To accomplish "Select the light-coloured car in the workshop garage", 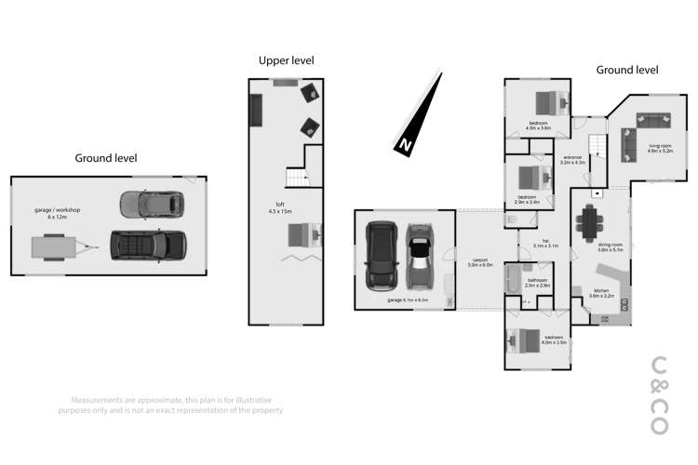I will (150, 202).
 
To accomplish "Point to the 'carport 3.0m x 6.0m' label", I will (479, 262).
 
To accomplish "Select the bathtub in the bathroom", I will (512, 280).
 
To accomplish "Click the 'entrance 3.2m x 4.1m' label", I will (571, 159).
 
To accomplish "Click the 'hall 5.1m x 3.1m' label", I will (544, 246).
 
